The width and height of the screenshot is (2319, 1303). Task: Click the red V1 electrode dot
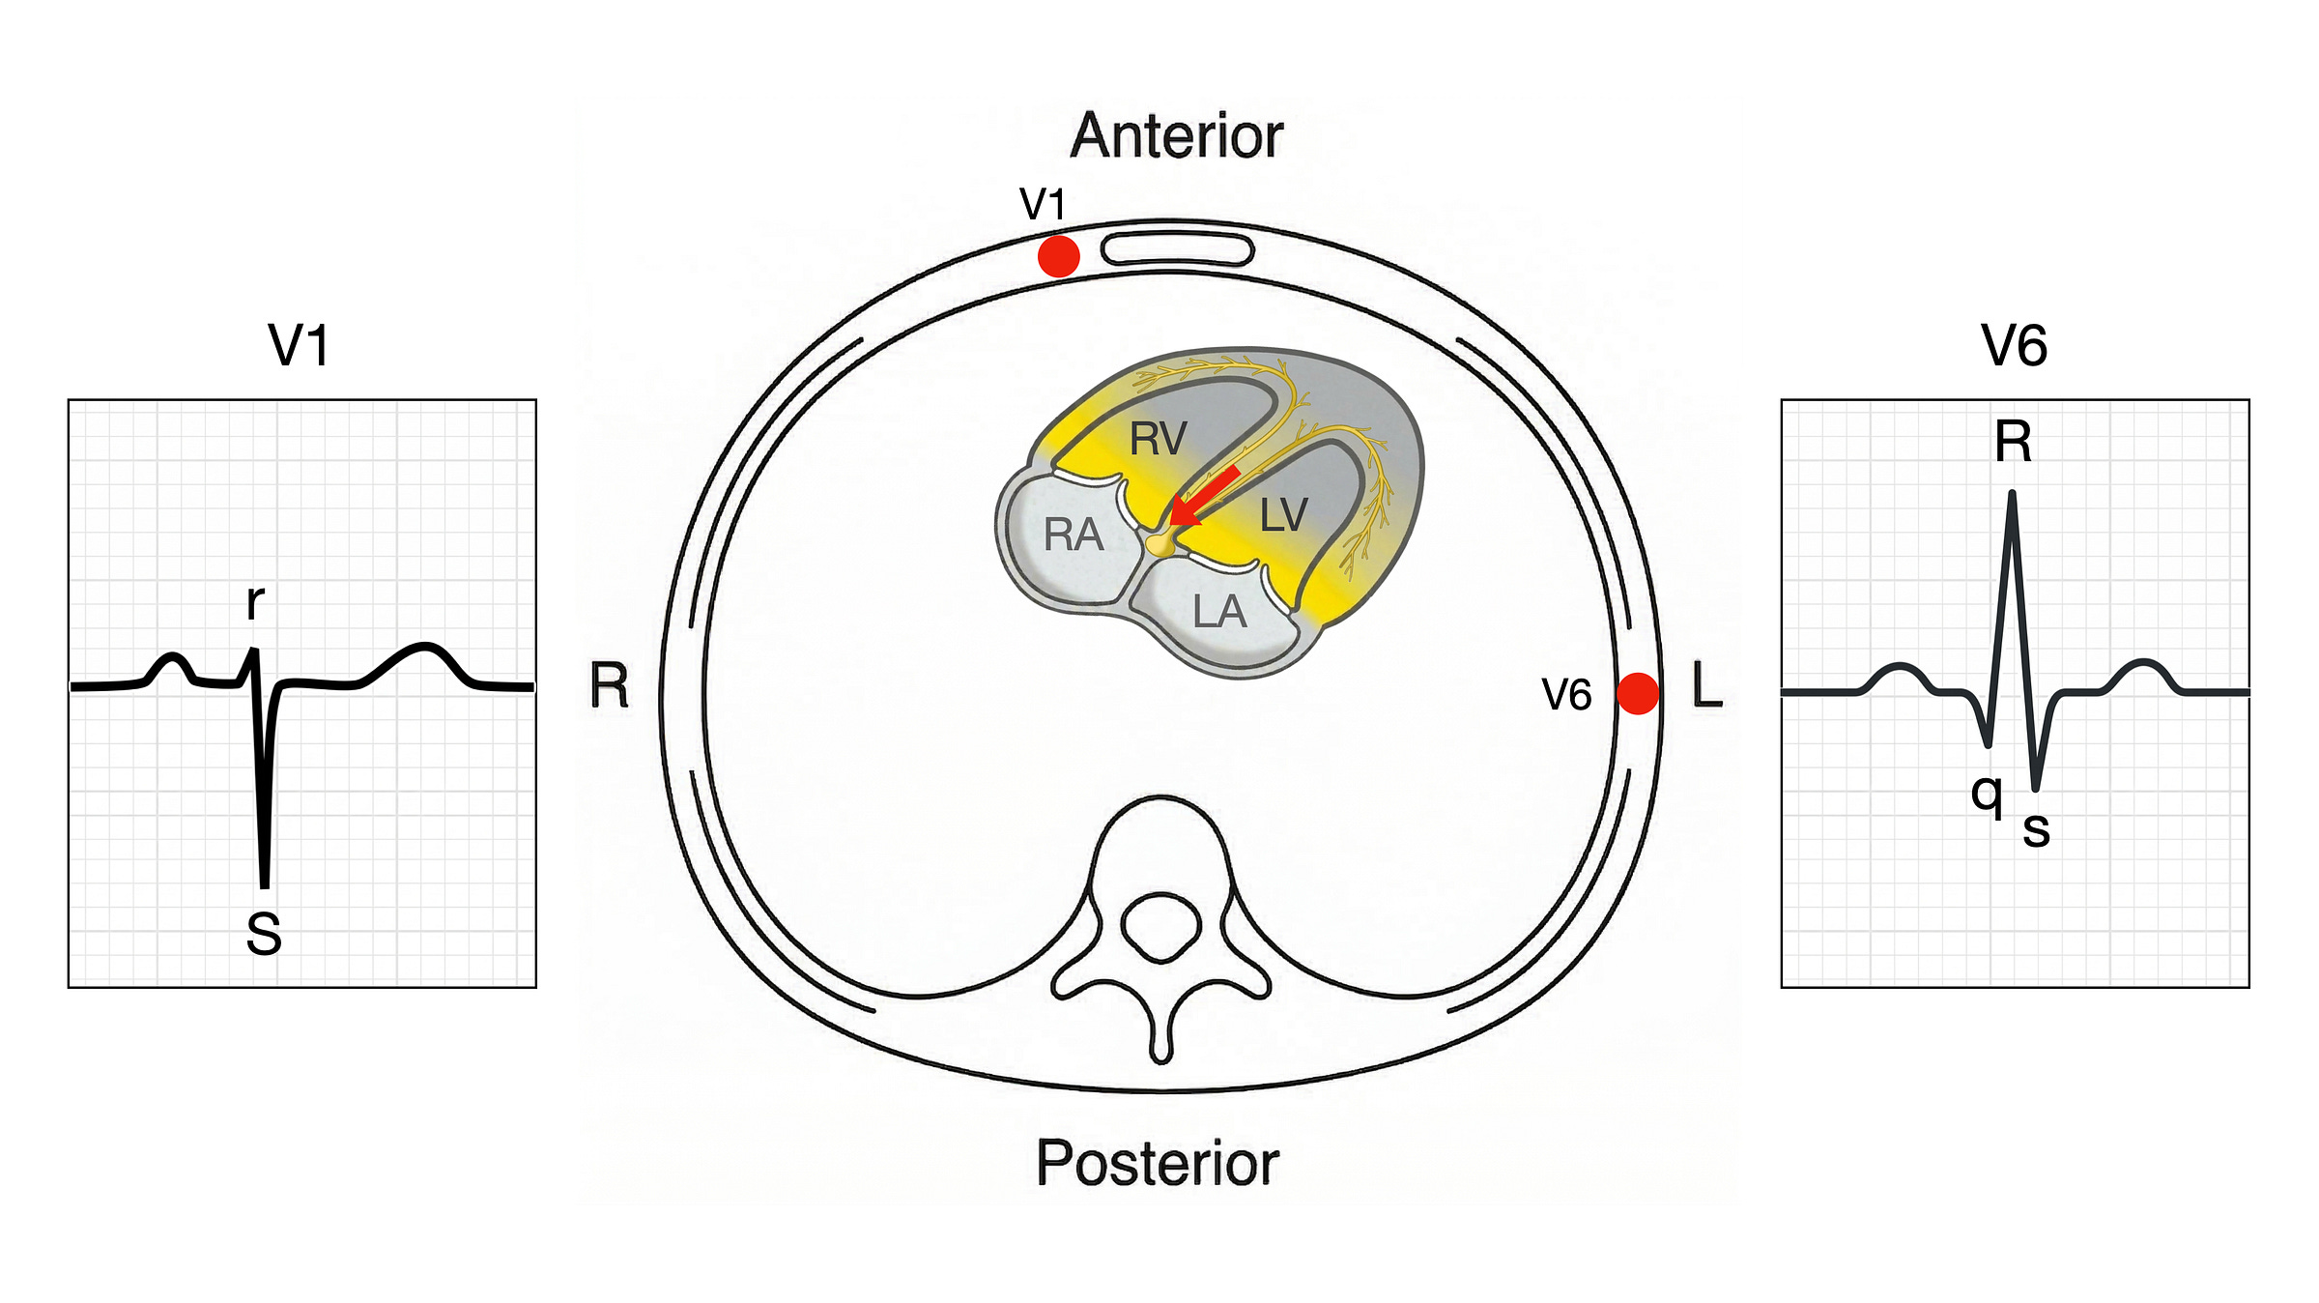(x=1058, y=256)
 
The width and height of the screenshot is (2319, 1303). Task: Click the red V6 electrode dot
(x=1638, y=693)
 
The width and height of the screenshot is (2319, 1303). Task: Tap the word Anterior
(x=1177, y=136)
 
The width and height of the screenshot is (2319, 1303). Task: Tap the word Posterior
(x=1158, y=1163)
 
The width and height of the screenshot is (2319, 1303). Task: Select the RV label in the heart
(x=1158, y=440)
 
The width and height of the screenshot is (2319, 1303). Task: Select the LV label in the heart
(x=1283, y=515)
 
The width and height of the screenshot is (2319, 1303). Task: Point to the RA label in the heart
(x=1074, y=535)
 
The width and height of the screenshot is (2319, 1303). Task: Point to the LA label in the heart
(x=1219, y=612)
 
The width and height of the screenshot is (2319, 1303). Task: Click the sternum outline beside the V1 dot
(x=1177, y=249)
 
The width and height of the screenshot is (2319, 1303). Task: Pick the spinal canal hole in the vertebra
(x=1161, y=926)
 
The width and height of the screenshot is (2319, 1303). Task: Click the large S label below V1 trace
(x=263, y=935)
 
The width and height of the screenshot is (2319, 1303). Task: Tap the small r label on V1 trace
(x=255, y=603)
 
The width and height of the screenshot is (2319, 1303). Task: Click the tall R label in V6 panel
(x=2014, y=442)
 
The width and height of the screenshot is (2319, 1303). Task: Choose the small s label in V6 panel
(x=2036, y=829)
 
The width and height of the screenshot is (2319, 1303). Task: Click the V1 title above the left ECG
(x=299, y=345)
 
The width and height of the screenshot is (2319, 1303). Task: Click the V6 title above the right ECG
(x=2014, y=345)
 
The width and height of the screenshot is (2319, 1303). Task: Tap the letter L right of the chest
(x=1707, y=686)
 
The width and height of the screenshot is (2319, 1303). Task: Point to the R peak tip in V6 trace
(x=2012, y=496)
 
